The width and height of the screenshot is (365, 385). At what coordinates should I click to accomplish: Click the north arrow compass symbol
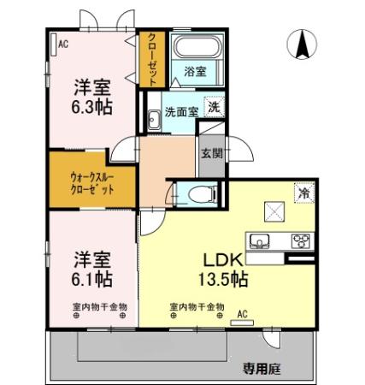point(302,44)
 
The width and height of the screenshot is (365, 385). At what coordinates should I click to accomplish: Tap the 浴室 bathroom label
point(195,73)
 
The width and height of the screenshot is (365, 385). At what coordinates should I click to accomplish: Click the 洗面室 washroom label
point(181,111)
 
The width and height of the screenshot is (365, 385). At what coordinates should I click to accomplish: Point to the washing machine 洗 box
point(215,109)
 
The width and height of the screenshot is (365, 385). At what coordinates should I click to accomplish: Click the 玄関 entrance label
point(212,154)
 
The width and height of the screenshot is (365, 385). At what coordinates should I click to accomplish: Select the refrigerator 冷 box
point(303,193)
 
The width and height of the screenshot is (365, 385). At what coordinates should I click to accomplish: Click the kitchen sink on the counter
point(260,239)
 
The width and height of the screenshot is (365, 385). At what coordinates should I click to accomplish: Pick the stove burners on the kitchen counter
point(302,239)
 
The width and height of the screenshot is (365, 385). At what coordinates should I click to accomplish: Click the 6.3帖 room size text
point(91,108)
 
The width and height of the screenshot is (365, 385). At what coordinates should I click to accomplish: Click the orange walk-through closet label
point(91,181)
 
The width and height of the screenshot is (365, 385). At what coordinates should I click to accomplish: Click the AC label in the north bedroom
point(62,44)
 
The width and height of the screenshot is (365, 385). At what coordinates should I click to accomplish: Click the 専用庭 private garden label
point(262,369)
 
